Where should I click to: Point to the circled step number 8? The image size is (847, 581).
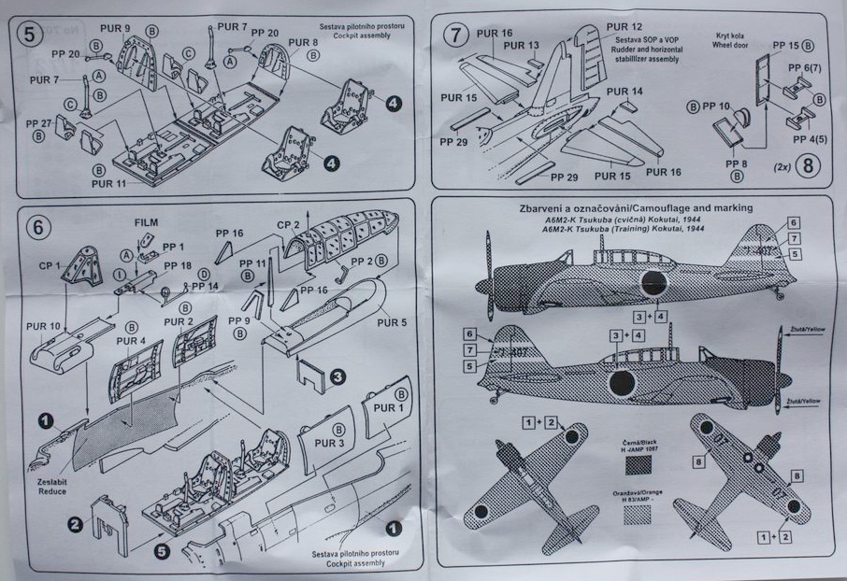[x=810, y=169]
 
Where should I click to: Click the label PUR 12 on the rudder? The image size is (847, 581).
[x=624, y=27]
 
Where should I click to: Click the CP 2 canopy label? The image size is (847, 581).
[x=290, y=224]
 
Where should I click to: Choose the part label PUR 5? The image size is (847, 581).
[x=394, y=322]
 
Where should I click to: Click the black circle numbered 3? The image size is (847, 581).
[x=337, y=376]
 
